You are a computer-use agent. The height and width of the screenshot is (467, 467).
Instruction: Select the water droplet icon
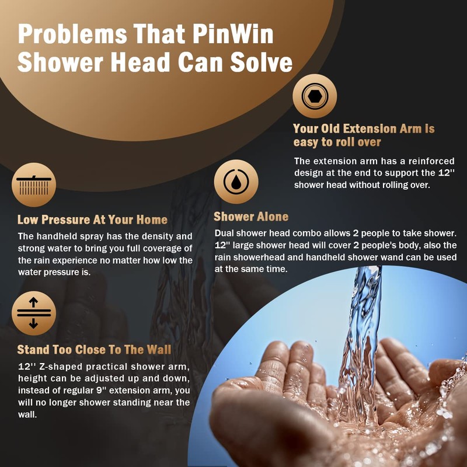pos(236,182)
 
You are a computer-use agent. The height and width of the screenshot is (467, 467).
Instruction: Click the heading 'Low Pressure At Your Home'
pos(92,220)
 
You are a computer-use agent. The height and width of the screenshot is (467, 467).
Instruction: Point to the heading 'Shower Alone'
pos(251,217)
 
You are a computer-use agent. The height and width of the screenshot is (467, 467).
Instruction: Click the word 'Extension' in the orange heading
pos(365,128)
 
